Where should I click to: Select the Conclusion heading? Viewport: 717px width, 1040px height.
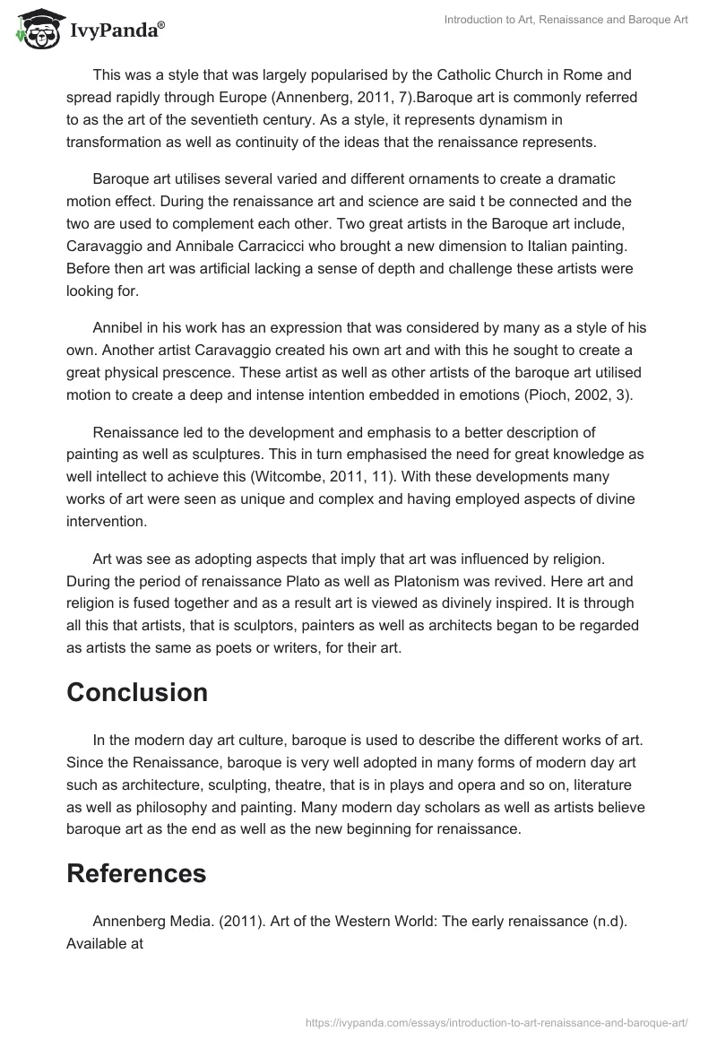(137, 692)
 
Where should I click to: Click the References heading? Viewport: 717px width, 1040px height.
(136, 873)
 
